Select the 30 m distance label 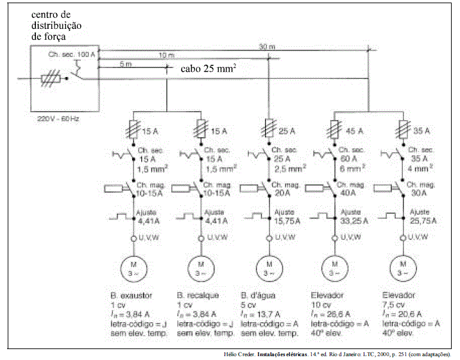[x=266, y=46]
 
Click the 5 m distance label [x=126, y=64]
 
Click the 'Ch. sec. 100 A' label [x=71, y=56]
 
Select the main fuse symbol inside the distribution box [x=50, y=79]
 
